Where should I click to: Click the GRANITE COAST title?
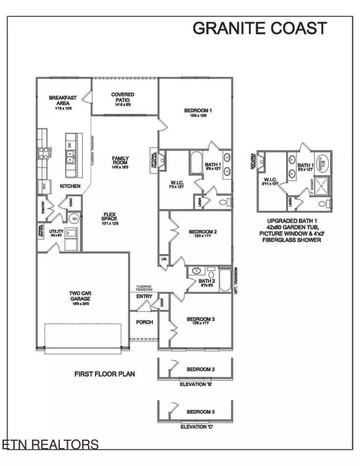pyautogui.click(x=259, y=28)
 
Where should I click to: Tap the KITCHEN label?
pyautogui.click(x=70, y=186)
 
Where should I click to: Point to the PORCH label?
pyautogui.click(x=145, y=322)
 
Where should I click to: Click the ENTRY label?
pyautogui.click(x=144, y=296)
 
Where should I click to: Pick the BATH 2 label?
pyautogui.click(x=206, y=281)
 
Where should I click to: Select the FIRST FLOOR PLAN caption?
pyautogui.click(x=104, y=374)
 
